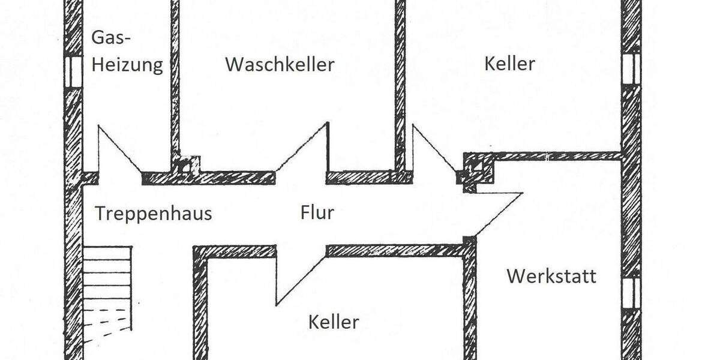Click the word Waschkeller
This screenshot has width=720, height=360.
click(x=280, y=64)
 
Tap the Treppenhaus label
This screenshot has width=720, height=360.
click(x=154, y=213)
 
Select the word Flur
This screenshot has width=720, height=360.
click(x=317, y=212)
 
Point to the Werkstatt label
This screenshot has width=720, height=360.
click(x=551, y=276)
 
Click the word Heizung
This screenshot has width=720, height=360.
click(x=127, y=64)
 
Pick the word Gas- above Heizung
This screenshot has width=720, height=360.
click(x=110, y=38)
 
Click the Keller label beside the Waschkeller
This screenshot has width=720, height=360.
click(x=509, y=63)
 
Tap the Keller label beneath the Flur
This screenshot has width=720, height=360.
click(x=334, y=322)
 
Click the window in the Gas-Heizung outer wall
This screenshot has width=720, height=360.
click(x=73, y=71)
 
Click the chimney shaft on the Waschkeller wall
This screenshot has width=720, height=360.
click(x=187, y=165)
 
